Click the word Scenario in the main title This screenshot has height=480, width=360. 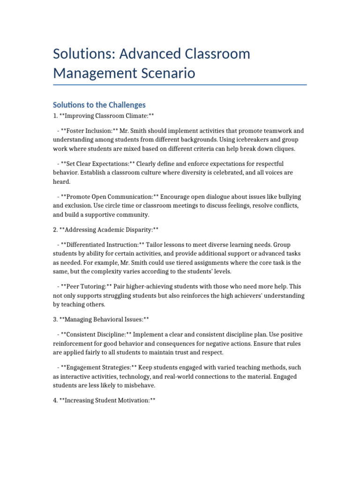pos(165,73)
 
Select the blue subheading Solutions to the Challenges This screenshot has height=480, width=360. pos(99,105)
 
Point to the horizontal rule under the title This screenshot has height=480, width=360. pos(180,85)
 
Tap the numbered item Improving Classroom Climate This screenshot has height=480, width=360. pos(106,115)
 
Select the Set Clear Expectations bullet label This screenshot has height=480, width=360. pos(95,164)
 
